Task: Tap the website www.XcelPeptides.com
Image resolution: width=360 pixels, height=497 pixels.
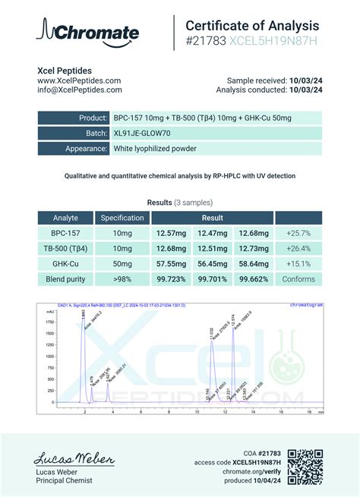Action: (79, 80)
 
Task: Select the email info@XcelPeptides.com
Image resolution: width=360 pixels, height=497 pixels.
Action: (80, 90)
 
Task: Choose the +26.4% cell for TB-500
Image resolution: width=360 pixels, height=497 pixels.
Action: (298, 248)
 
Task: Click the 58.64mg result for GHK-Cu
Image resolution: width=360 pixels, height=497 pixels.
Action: (253, 263)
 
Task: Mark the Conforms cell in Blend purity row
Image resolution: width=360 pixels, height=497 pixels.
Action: (298, 278)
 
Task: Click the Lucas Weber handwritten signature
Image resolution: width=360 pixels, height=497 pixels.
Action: (74, 460)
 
